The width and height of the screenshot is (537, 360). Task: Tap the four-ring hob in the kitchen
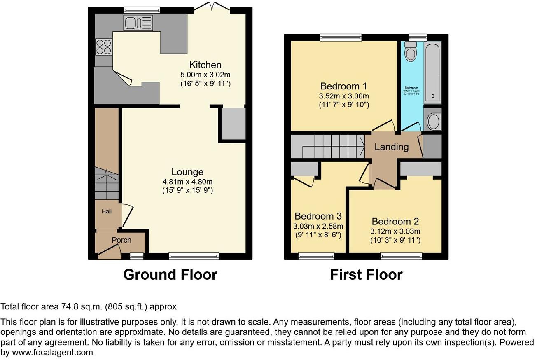coord(103,47)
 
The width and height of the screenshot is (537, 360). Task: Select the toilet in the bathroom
coord(410,52)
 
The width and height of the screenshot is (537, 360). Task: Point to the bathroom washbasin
coord(433,121)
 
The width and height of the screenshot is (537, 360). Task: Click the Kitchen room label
coord(205,65)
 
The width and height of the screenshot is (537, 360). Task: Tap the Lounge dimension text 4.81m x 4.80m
coord(187,182)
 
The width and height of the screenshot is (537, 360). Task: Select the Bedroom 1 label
coord(343,86)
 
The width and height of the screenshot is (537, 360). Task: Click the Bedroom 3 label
coord(318,216)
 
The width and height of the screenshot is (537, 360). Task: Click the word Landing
coord(391,147)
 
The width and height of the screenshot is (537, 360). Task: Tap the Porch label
coord(121,240)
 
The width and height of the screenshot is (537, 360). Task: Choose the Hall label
coord(106,211)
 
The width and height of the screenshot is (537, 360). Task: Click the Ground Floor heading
coord(170,274)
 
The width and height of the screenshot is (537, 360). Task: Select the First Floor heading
coord(366,274)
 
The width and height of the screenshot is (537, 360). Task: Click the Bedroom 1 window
coord(341,37)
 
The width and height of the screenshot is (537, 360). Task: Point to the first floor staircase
coord(328,146)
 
